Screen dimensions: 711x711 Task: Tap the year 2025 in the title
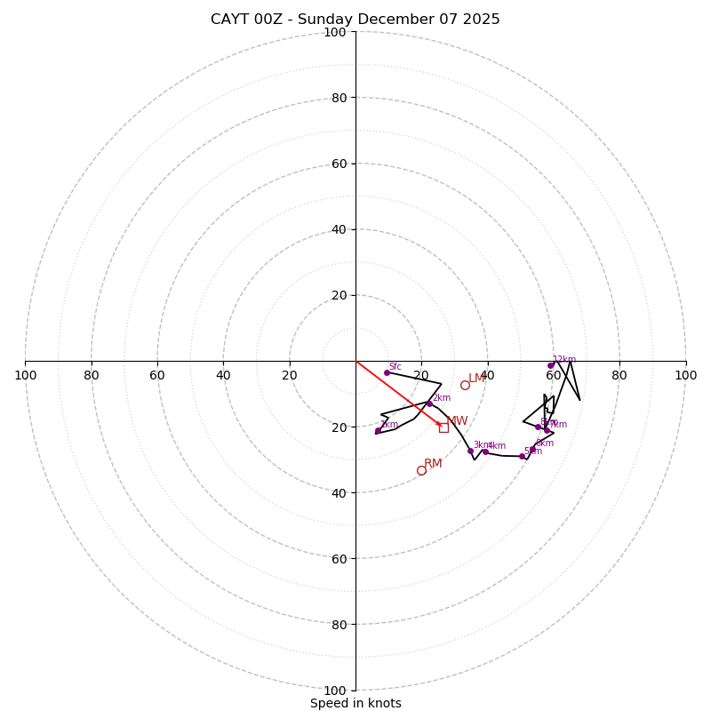tap(480, 20)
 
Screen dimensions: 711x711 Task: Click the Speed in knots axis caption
tap(355, 703)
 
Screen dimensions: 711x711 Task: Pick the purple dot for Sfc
tap(387, 372)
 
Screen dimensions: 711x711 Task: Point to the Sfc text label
tap(395, 366)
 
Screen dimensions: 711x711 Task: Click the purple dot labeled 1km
tap(378, 431)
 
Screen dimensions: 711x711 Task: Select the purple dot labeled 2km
tap(429, 403)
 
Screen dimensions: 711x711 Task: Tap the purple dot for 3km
tap(470, 451)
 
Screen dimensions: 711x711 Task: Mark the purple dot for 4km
tap(485, 451)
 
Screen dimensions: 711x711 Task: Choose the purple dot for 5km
tap(522, 456)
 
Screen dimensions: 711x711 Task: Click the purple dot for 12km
tap(550, 365)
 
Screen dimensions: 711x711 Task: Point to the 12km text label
tap(564, 359)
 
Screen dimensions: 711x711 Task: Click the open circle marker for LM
tap(465, 385)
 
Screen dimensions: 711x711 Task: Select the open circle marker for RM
tap(421, 470)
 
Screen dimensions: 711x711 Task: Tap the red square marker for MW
tap(443, 427)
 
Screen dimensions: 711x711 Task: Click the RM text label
tap(433, 463)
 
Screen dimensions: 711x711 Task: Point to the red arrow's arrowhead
tap(440, 425)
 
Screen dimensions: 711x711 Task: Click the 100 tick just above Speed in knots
tap(334, 690)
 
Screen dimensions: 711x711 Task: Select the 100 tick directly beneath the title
tap(334, 32)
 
